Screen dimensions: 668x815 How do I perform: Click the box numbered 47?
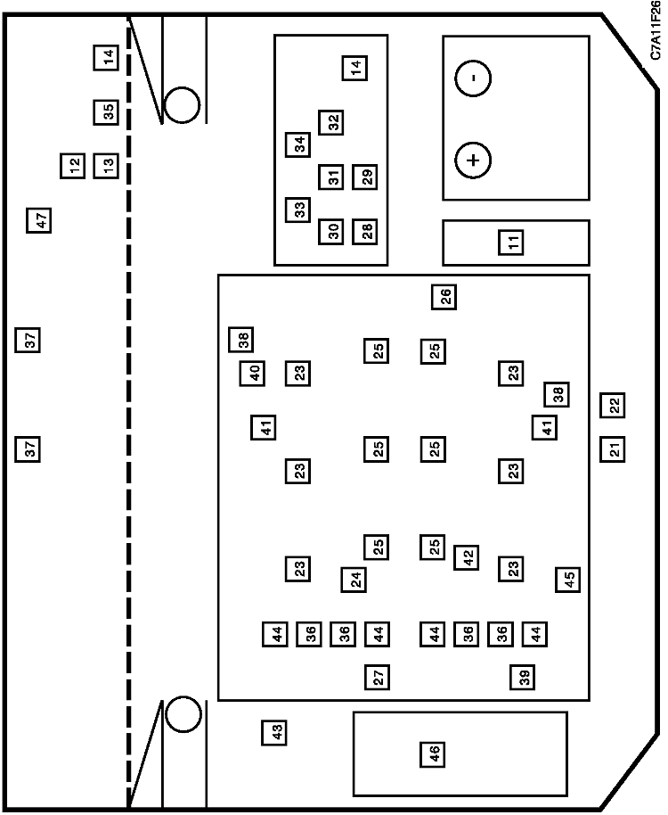[39, 220]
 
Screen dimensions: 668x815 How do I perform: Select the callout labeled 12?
[73, 166]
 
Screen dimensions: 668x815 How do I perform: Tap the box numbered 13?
[106, 166]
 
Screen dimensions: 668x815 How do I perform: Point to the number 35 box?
[106, 111]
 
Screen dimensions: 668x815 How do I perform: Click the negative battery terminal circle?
[473, 78]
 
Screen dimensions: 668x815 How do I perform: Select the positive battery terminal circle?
[473, 160]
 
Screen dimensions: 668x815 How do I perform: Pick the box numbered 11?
[511, 243]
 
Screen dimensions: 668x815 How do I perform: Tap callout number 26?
[444, 297]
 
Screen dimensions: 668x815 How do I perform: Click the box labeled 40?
[252, 374]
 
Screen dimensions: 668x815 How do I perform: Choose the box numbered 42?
[466, 557]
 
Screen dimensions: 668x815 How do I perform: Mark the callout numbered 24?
[354, 580]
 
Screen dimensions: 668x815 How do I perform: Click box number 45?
[568, 579]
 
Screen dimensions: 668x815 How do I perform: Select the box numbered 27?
[377, 678]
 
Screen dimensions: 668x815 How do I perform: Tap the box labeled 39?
[523, 678]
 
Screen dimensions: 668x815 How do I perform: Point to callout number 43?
[274, 732]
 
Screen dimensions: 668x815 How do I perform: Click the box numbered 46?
[433, 754]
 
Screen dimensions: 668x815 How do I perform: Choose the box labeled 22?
[613, 406]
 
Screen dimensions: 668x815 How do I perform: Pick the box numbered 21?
[613, 449]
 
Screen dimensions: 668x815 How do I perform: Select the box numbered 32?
[331, 123]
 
